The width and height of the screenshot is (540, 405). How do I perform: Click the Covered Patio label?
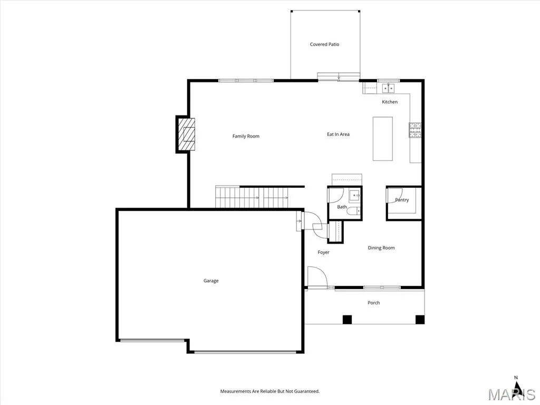(324, 44)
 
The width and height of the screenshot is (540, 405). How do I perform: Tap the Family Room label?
(246, 136)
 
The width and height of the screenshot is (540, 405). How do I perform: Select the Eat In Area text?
(338, 134)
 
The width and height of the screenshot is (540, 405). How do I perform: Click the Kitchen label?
(390, 102)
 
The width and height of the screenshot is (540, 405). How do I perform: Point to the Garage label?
(211, 281)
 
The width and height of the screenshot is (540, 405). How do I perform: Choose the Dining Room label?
(381, 248)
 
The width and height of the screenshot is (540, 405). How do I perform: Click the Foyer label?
(323, 253)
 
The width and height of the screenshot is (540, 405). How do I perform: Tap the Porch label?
(374, 303)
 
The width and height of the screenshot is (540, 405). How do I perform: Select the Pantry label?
(402, 200)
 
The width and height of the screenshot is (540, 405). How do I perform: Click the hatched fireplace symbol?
(186, 134)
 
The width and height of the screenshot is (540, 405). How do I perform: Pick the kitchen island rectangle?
(383, 139)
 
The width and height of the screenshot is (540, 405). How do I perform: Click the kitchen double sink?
(389, 88)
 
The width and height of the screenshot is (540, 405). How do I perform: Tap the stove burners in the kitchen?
(415, 130)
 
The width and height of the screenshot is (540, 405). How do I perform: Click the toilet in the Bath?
(353, 210)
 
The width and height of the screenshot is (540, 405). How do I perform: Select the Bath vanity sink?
(355, 195)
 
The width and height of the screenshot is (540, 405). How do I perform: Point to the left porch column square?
(347, 320)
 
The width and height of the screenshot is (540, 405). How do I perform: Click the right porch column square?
(420, 320)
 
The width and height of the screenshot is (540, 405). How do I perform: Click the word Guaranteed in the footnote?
(307, 391)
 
